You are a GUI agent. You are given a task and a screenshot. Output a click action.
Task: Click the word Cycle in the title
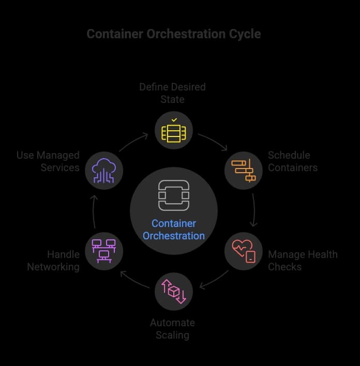pos(245,34)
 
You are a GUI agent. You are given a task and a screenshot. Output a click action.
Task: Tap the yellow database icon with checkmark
pos(174,131)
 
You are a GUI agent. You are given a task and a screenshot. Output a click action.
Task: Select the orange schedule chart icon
pos(244,170)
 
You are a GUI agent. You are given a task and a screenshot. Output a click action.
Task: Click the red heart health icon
pos(244,251)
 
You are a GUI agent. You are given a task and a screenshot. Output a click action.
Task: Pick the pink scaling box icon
pos(174,292)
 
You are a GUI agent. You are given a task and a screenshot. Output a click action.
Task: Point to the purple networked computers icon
pos(104,251)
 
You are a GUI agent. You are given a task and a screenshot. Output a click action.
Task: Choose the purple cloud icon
pos(104,171)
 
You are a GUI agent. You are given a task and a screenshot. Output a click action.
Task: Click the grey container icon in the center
pos(174,195)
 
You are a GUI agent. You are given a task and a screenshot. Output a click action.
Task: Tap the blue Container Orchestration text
pos(174,230)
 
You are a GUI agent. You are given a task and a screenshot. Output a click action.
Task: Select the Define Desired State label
pos(173,93)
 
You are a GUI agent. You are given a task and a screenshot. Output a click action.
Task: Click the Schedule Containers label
pos(293,161)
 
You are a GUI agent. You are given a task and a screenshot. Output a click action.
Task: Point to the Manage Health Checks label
pos(303,261)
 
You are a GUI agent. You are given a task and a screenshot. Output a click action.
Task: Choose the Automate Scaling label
pos(173,329)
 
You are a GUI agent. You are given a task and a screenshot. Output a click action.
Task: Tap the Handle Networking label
pos(53,261)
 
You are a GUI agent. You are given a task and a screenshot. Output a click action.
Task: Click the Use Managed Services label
pos(48,161)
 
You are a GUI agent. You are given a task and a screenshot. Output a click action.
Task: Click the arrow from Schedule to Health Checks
pos(254,210)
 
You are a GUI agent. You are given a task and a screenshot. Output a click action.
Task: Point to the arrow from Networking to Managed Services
pos(94,211)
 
